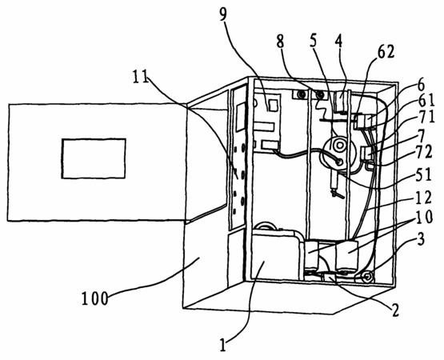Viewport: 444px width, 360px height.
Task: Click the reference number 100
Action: [x=95, y=298]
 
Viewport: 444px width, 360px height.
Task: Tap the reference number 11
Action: [x=141, y=77]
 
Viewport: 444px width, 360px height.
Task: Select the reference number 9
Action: [x=223, y=14]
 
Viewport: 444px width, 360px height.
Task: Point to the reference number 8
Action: [x=280, y=42]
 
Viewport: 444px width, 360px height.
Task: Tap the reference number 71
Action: [x=426, y=117]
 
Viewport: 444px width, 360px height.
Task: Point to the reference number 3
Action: [x=421, y=240]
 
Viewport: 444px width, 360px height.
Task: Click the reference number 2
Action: [x=395, y=310]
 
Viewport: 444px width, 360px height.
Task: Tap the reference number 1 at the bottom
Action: [x=223, y=345]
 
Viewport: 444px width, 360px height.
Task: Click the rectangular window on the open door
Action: [x=94, y=158]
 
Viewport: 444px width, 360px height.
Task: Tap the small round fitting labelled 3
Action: [x=367, y=277]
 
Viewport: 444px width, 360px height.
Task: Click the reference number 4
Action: [x=338, y=42]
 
